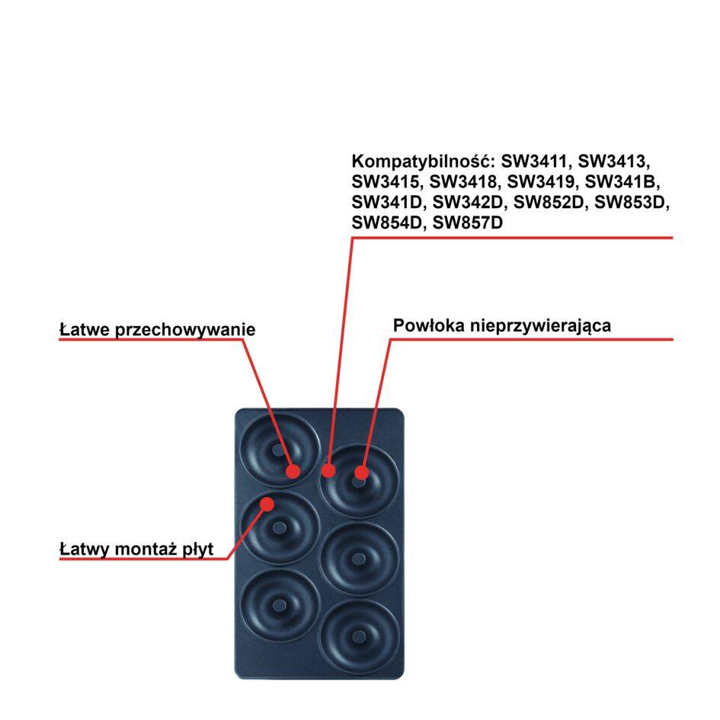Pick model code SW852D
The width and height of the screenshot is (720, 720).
click(550, 202)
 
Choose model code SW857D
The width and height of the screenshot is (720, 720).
click(468, 222)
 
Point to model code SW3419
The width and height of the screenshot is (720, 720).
click(543, 182)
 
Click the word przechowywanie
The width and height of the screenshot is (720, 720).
click(184, 330)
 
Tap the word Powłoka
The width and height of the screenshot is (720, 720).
click(427, 325)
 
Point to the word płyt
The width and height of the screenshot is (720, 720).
click(198, 549)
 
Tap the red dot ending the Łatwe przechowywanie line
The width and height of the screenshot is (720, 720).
click(293, 472)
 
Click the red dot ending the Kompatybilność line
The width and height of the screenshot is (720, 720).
click(328, 470)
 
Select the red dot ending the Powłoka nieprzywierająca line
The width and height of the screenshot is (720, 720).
click(361, 472)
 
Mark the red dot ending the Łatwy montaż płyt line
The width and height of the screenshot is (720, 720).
click(267, 504)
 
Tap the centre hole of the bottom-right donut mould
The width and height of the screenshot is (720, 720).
click(359, 636)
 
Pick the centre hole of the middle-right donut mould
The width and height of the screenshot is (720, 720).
click(359, 558)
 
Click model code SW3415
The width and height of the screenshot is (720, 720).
click(387, 182)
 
